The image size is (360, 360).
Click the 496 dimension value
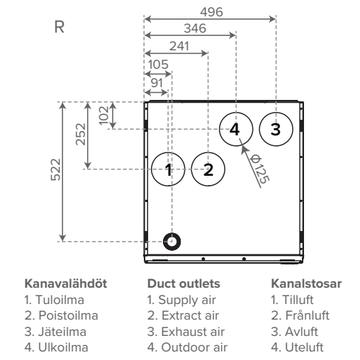click(211, 12)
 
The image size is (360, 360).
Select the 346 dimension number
click(195, 28)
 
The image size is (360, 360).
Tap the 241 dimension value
click(179, 46)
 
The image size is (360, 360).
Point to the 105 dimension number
click(158, 64)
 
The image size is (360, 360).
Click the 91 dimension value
click(157, 83)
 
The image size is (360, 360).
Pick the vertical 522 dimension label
click(56, 169)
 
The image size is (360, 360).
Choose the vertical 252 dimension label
click(81, 134)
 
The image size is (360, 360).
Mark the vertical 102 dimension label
click(103, 116)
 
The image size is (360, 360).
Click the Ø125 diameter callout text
click(259, 169)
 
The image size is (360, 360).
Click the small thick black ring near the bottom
click(164, 242)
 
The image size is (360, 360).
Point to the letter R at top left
click(60, 27)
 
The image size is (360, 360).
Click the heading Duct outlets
click(184, 283)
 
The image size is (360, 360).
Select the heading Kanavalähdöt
click(66, 283)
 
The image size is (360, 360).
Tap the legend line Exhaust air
click(186, 332)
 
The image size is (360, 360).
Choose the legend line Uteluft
click(297, 347)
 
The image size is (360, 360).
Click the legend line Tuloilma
click(55, 300)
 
